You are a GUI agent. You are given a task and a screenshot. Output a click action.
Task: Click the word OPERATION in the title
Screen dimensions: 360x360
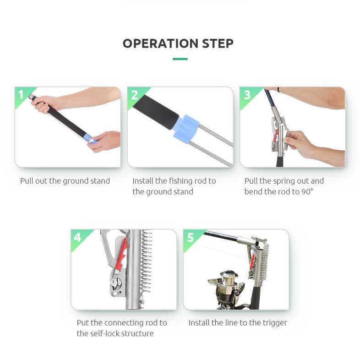[x=160, y=44]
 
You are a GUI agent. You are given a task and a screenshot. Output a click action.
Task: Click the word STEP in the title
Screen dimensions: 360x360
[x=218, y=44]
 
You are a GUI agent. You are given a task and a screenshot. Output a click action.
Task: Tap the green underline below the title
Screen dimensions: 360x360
[x=180, y=59]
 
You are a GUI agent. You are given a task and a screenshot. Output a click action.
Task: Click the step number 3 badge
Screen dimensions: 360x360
[x=247, y=95]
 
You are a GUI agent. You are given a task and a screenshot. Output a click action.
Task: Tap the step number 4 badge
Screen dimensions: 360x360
[x=77, y=237]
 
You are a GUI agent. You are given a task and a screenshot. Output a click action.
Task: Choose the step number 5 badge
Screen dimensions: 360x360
[x=191, y=237]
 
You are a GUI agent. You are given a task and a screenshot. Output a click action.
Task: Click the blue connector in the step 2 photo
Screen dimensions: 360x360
[x=186, y=129]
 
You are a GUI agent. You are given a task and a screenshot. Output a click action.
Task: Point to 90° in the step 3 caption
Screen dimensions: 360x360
[x=307, y=192]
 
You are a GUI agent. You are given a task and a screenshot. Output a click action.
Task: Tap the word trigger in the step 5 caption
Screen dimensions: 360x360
[x=275, y=323]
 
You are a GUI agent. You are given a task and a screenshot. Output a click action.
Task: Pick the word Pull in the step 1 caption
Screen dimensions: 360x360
[x=27, y=181]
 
